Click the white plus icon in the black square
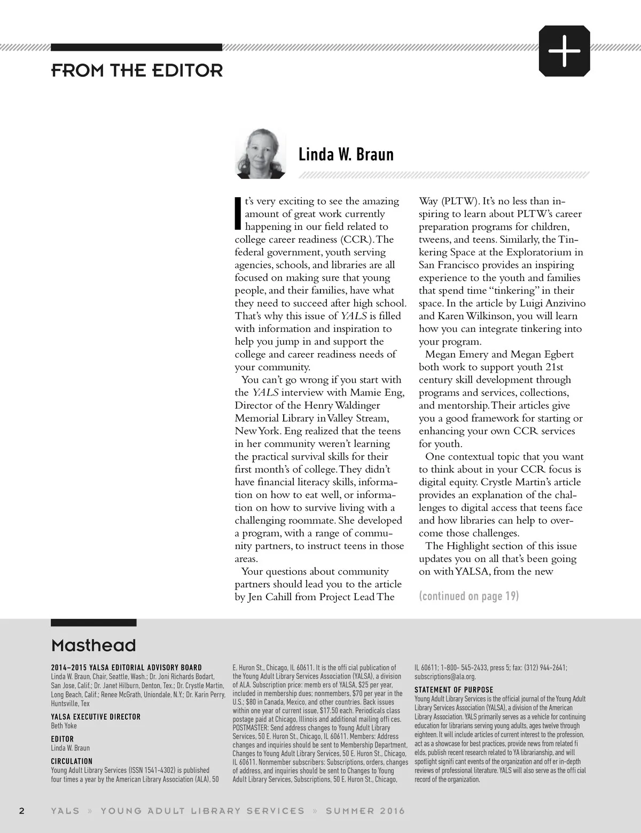tap(564, 51)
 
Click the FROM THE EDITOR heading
tap(137, 71)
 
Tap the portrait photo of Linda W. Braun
tap(261, 153)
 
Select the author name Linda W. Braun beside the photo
tap(346, 154)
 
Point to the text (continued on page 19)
tap(468, 596)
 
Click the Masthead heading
tap(93, 645)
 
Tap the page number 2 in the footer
tap(22, 811)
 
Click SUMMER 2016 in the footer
tap(365, 811)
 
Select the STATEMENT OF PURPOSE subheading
tap(454, 690)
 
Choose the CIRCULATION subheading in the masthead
tap(72, 761)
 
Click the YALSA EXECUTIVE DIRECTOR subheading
tap(96, 717)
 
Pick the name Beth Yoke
tap(64, 726)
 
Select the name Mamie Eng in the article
tap(377, 393)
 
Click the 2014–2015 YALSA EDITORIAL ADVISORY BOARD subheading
tap(126, 667)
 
